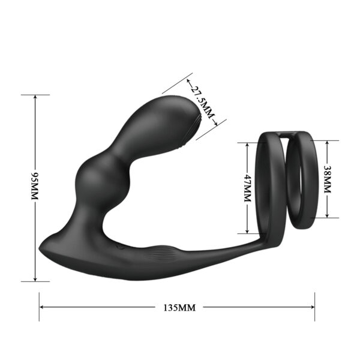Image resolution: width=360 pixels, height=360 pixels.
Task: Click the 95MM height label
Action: [35, 188]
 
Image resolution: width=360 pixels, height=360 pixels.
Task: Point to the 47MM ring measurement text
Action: [247, 188]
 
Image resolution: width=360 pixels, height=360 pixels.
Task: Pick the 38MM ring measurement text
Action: [327, 179]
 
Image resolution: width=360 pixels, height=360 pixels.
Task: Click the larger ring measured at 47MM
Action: [274, 186]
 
